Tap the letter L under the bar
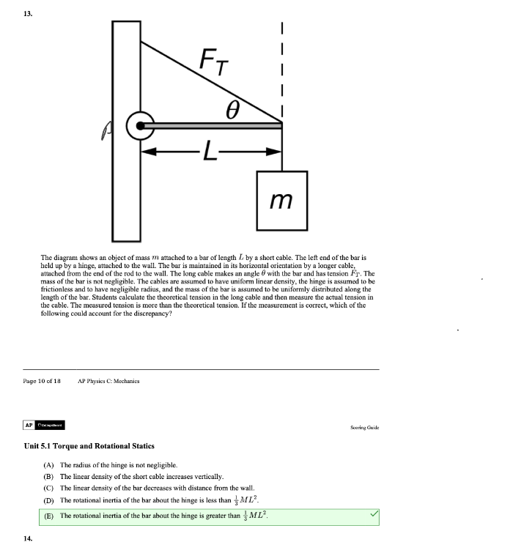pos(211,153)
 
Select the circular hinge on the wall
pos(139,126)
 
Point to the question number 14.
pos(28,537)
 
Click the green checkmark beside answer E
pos(374,516)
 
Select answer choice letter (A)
pos(49,465)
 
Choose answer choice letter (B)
pos(49,476)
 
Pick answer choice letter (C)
pos(49,488)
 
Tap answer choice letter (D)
pos(49,501)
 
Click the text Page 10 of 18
pos(42,381)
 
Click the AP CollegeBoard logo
pos(45,425)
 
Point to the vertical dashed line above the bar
pos(282,66)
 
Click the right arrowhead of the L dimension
pos(276,153)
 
